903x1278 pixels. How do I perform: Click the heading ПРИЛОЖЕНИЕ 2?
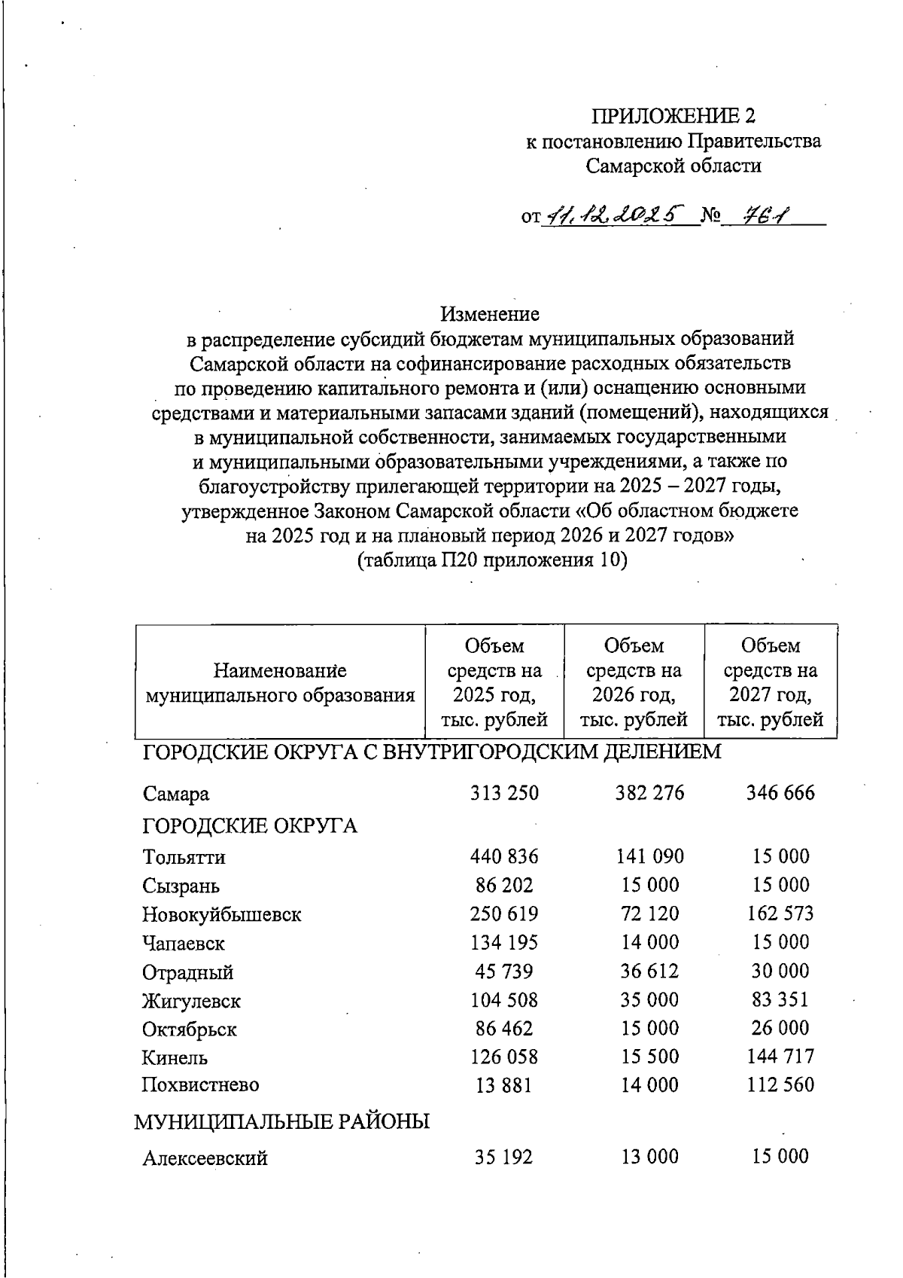click(673, 116)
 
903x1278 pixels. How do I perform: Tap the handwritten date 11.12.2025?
click(615, 217)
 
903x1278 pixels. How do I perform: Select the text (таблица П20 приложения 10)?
click(491, 560)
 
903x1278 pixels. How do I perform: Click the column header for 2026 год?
click(634, 682)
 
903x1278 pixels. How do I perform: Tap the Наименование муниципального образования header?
click(280, 682)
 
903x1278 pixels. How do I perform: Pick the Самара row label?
click(176, 794)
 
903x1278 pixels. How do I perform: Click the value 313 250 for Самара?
click(504, 793)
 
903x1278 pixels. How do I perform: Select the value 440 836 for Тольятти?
click(504, 856)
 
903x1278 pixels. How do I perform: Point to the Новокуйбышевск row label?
click(222, 915)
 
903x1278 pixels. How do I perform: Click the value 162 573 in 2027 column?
click(780, 914)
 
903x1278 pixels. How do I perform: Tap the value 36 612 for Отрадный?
click(649, 971)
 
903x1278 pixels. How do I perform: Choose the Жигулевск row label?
click(192, 1002)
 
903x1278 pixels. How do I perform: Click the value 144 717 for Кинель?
click(780, 1057)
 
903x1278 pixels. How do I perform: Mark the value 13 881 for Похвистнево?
click(503, 1085)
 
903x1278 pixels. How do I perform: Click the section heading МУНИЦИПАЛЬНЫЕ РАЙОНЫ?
click(282, 1122)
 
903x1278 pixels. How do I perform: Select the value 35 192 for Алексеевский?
click(503, 1157)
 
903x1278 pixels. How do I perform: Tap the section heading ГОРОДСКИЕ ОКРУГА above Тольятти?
click(250, 826)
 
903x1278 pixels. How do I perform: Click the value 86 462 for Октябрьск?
click(503, 1029)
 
